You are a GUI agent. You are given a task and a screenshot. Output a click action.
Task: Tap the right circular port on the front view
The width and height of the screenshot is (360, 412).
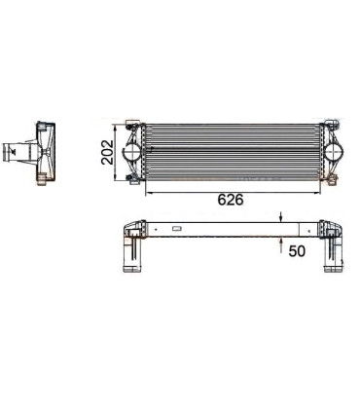pyautogui.click(x=338, y=152)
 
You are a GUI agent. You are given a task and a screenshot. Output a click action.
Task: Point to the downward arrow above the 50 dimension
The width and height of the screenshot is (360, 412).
pyautogui.click(x=282, y=219)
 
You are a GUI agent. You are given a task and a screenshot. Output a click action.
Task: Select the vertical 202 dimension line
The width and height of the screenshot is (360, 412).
pyautogui.click(x=121, y=152)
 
